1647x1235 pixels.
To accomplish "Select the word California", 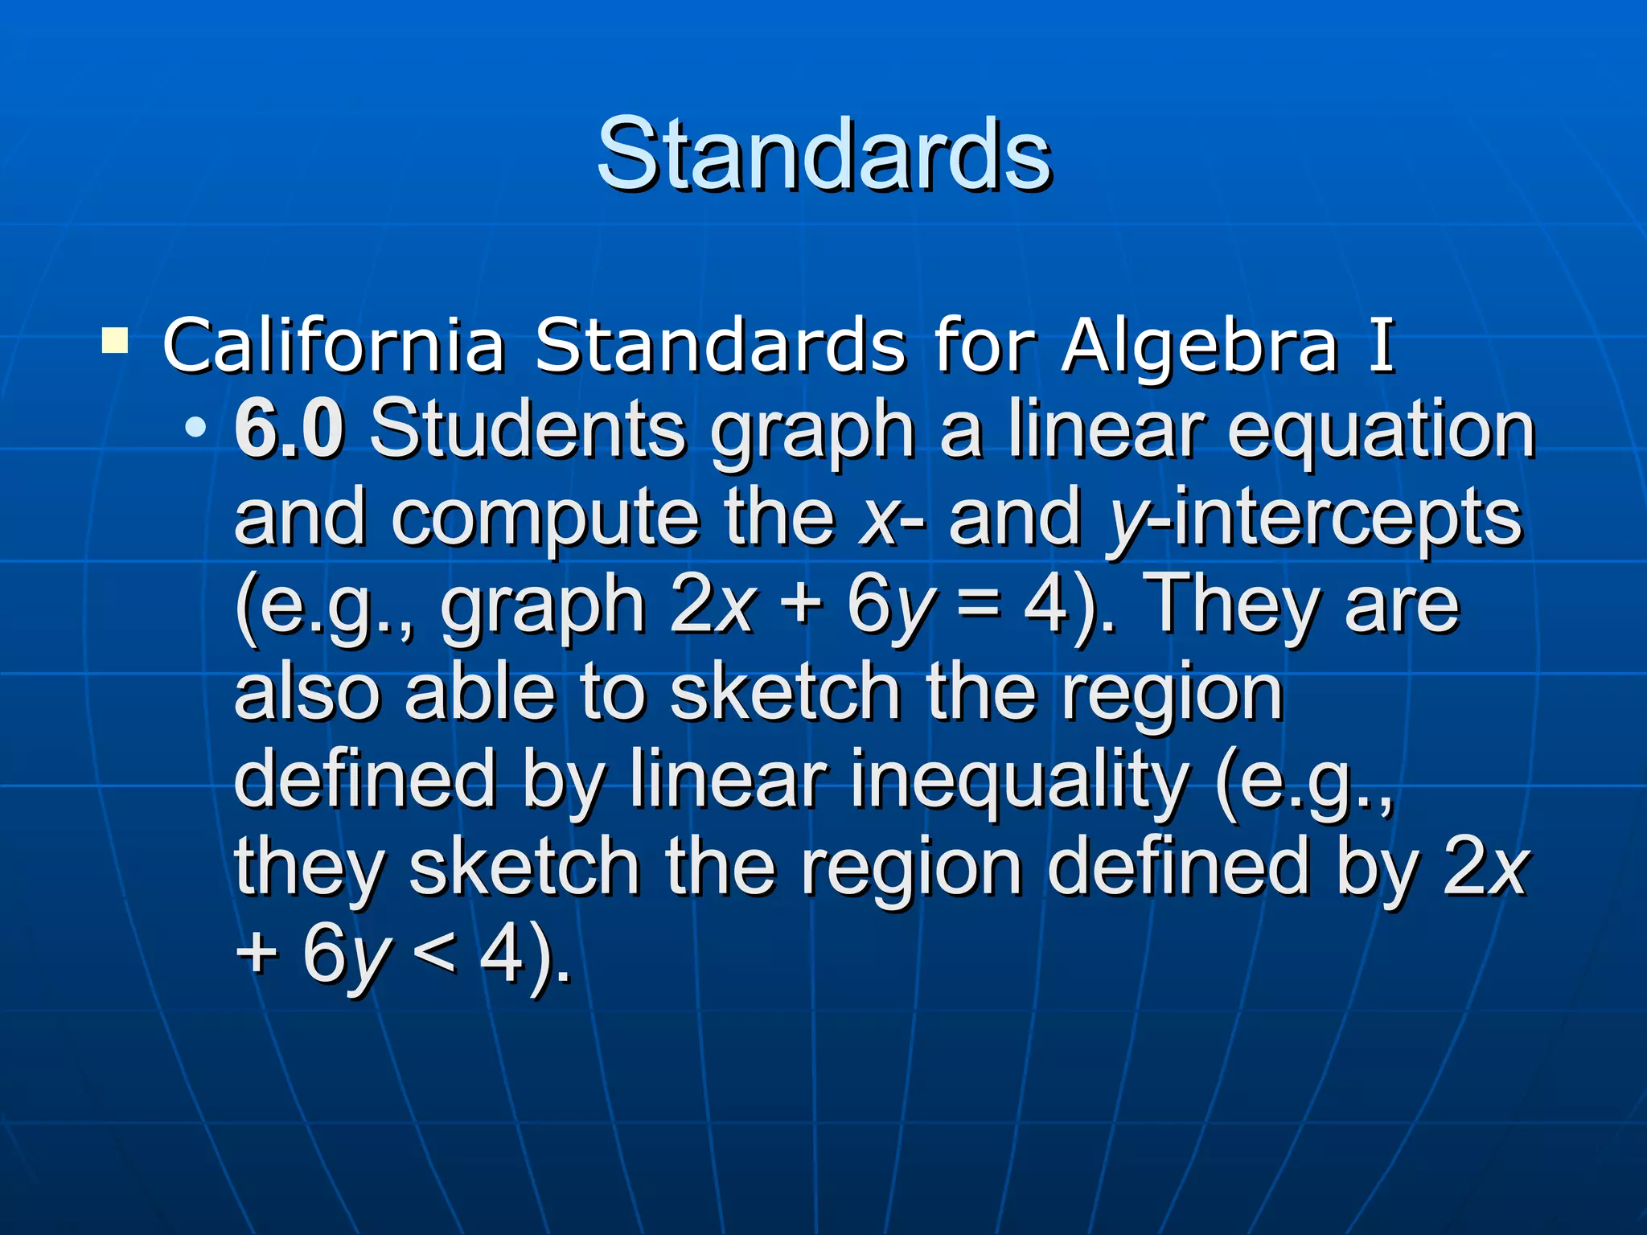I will [333, 346].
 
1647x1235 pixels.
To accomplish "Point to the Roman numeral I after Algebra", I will [1382, 346].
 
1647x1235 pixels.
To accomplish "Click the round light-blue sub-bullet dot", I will [195, 427].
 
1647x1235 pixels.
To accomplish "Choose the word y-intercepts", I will [1315, 519].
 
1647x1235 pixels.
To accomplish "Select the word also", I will [306, 693].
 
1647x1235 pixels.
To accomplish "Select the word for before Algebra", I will [984, 346].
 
